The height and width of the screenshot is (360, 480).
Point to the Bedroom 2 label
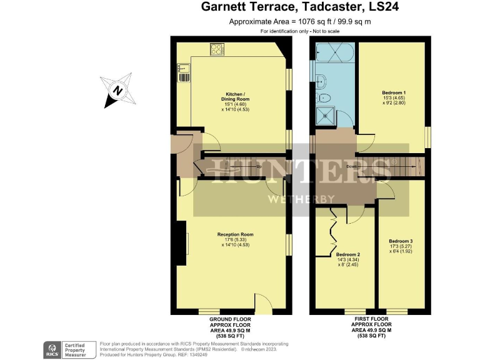[x=348, y=254]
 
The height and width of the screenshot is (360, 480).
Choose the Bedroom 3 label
[x=401, y=241]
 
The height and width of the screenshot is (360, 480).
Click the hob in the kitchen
[x=217, y=48]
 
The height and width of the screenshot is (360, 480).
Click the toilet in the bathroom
[x=325, y=98]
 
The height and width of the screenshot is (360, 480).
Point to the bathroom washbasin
[x=320, y=79]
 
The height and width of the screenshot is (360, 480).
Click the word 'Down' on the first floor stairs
[x=352, y=167]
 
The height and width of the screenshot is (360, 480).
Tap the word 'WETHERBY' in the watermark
[x=299, y=199]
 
